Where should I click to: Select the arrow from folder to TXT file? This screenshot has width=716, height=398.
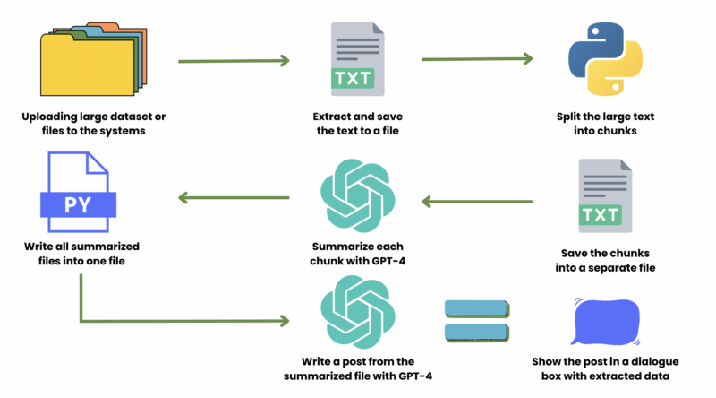tap(234, 62)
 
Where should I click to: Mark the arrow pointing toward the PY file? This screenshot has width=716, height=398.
tap(234, 198)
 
